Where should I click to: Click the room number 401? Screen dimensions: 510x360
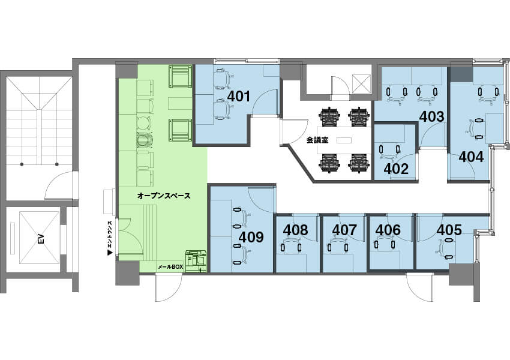click(x=239, y=96)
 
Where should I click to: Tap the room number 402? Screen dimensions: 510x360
click(x=396, y=169)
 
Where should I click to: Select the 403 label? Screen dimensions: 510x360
click(x=431, y=117)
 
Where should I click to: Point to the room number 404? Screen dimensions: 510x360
click(x=471, y=157)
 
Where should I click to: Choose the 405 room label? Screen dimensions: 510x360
click(x=449, y=230)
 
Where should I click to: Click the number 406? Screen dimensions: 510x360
click(x=388, y=230)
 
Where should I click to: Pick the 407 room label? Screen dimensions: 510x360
click(x=344, y=230)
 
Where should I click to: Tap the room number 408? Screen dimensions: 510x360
click(x=295, y=230)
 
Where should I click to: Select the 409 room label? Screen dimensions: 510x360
click(x=251, y=237)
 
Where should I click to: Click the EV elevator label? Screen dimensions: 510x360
click(x=41, y=239)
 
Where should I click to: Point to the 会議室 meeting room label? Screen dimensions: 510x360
click(x=317, y=140)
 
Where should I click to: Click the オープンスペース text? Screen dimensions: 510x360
click(x=164, y=196)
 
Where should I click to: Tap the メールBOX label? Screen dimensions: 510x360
click(x=170, y=267)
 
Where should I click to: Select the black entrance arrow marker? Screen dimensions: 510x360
click(x=110, y=253)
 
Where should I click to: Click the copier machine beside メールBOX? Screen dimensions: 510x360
click(x=196, y=261)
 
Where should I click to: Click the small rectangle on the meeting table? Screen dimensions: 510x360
click(x=344, y=140)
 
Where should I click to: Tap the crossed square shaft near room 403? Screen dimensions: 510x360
click(x=361, y=83)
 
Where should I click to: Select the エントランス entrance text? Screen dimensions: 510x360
click(x=110, y=235)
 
